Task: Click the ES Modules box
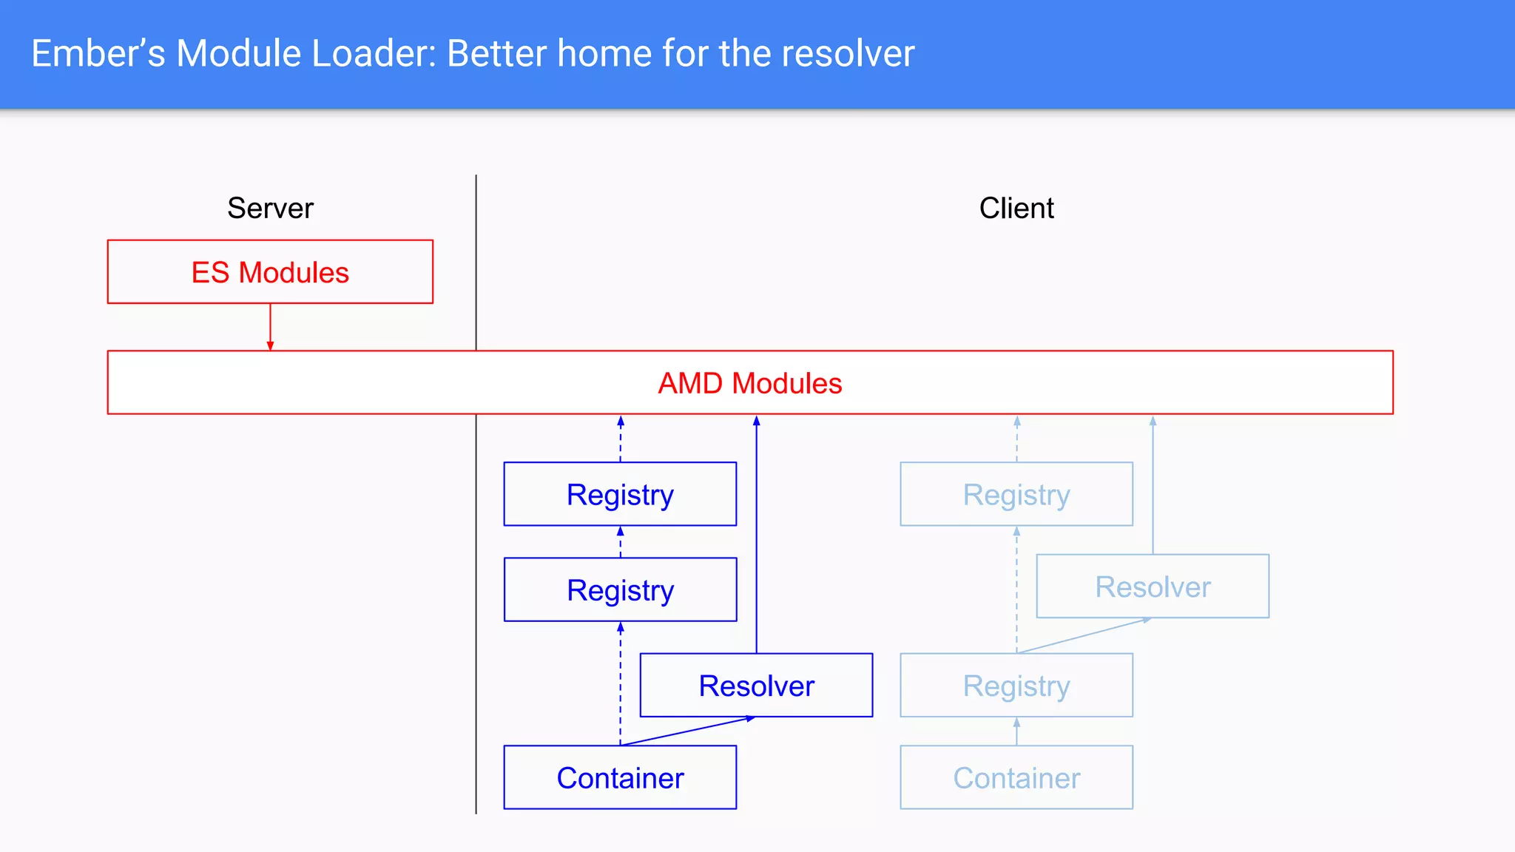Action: click(x=270, y=271)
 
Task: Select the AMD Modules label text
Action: click(x=749, y=383)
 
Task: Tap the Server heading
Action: click(x=270, y=209)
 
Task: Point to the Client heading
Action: click(x=1016, y=209)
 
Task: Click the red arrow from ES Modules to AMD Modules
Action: click(x=270, y=326)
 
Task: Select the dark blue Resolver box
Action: click(x=756, y=686)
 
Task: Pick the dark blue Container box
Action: click(x=620, y=778)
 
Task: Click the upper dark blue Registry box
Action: click(x=620, y=494)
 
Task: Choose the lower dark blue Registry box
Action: click(x=620, y=590)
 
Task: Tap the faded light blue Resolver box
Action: click(x=1153, y=586)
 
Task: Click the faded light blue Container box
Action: click(x=1016, y=778)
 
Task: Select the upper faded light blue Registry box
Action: click(x=1016, y=494)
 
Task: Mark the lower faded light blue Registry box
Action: click(x=1016, y=686)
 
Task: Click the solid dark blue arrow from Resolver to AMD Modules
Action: click(x=756, y=532)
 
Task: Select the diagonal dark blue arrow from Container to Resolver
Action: click(x=688, y=731)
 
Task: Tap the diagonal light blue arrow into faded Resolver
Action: click(x=1084, y=635)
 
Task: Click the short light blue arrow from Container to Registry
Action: click(x=1016, y=731)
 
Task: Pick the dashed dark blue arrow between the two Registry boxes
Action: click(x=620, y=542)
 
